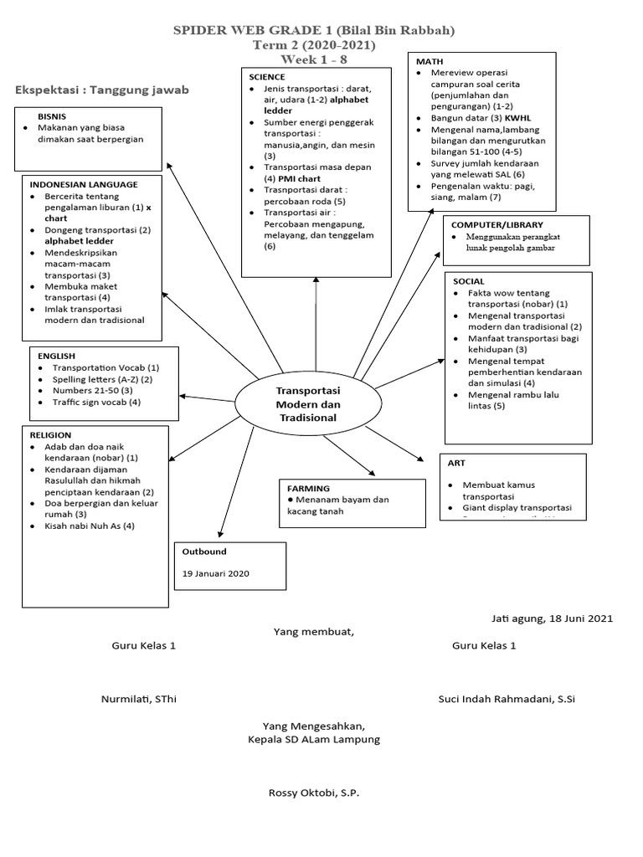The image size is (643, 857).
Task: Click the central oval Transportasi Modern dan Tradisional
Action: tap(307, 404)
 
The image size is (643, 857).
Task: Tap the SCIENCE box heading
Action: tap(267, 77)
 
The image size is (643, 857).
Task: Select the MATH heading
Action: tap(430, 62)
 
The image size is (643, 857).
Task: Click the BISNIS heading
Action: tap(52, 116)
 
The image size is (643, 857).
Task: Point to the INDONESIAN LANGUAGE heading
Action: tap(84, 184)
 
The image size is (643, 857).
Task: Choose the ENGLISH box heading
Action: tap(56, 356)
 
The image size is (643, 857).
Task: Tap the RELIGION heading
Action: tap(50, 435)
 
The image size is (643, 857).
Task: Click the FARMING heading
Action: tap(308, 488)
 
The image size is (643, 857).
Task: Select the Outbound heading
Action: tap(204, 552)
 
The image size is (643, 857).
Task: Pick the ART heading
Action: tap(456, 463)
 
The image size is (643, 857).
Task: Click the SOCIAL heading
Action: tap(469, 281)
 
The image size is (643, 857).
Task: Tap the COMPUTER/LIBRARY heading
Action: tap(497, 225)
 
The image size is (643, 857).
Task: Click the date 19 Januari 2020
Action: tap(216, 574)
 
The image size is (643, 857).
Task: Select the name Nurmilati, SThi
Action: tap(139, 699)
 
